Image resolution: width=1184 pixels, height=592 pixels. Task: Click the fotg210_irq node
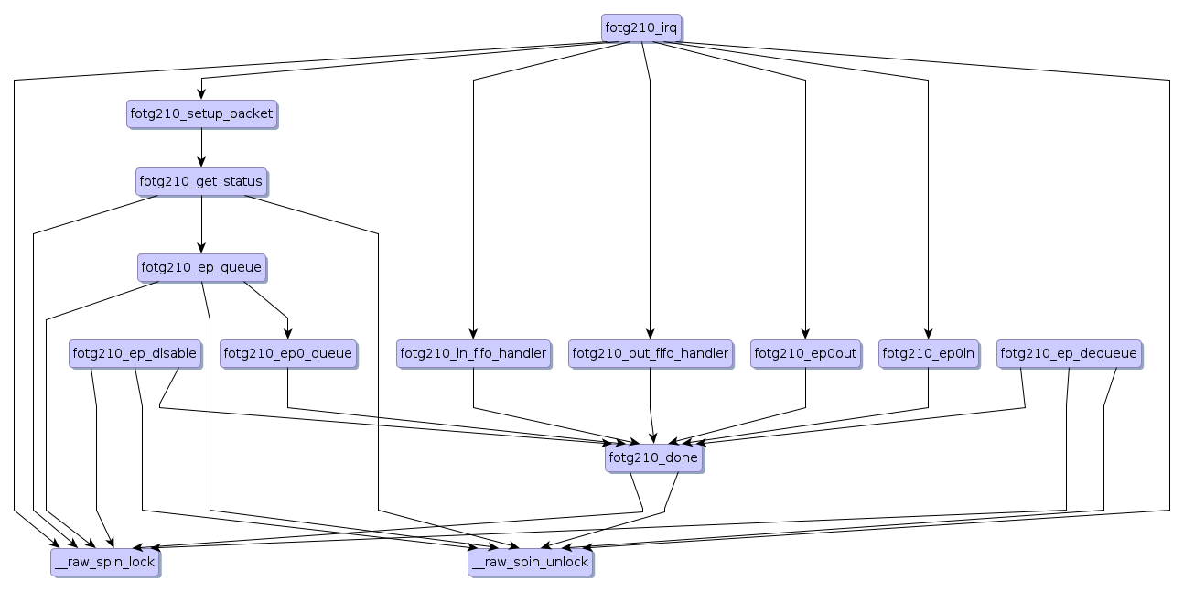click(641, 27)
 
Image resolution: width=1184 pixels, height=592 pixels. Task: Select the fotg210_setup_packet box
click(201, 114)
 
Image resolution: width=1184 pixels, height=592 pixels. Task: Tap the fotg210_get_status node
click(201, 181)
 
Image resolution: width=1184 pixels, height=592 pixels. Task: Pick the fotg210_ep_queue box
click(201, 268)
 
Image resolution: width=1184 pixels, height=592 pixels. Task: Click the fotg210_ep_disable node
click(135, 353)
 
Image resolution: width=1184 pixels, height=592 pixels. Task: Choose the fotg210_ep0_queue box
click(287, 353)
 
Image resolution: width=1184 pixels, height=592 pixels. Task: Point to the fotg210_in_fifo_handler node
click(473, 353)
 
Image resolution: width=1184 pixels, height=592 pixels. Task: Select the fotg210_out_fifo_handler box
click(650, 353)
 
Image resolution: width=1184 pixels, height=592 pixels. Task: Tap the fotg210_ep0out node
click(805, 353)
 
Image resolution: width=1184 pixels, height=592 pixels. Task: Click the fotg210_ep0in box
click(928, 353)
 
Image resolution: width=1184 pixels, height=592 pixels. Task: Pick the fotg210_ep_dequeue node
click(1068, 353)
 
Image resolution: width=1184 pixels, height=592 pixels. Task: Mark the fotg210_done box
click(653, 457)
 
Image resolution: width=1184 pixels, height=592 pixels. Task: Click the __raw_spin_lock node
click(105, 562)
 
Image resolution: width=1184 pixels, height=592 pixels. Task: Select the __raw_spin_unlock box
click(531, 562)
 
